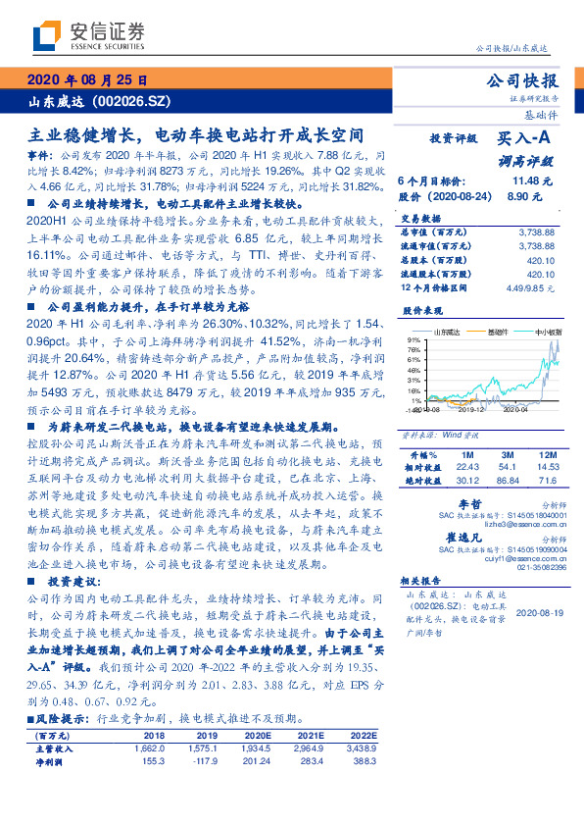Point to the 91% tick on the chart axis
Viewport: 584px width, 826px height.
pyautogui.click(x=414, y=340)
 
